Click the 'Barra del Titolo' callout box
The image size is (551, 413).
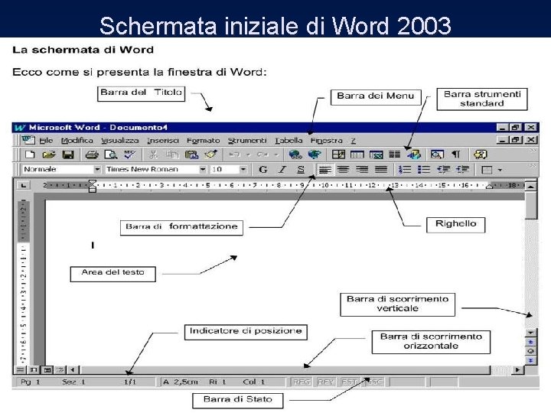pyautogui.click(x=141, y=93)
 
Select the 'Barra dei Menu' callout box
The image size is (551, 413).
pyautogui.click(x=375, y=96)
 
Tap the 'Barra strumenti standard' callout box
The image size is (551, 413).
pyautogui.click(x=482, y=99)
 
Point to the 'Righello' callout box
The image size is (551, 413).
pyautogui.click(x=455, y=224)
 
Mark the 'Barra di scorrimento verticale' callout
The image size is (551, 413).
pyautogui.click(x=397, y=304)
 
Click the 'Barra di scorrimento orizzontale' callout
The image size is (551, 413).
pyautogui.click(x=431, y=341)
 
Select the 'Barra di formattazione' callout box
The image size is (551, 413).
pyautogui.click(x=181, y=227)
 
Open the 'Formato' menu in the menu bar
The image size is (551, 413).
pyautogui.click(x=203, y=141)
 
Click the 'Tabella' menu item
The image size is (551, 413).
pyautogui.click(x=289, y=141)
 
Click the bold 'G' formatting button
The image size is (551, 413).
pyautogui.click(x=263, y=169)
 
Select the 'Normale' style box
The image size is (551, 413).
pyautogui.click(x=57, y=169)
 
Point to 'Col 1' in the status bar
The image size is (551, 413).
pyautogui.click(x=253, y=381)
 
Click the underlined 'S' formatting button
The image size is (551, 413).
pyautogui.click(x=301, y=169)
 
